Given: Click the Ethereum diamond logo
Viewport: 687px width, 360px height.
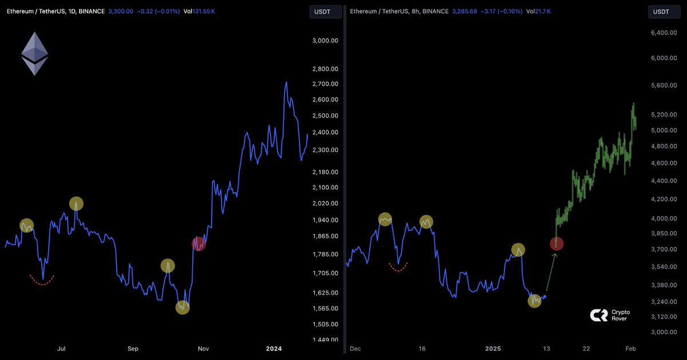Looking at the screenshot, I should coord(35,53).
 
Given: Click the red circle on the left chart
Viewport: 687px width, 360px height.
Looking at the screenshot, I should coord(198,243).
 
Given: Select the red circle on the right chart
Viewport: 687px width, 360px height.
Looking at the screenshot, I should coord(556,243).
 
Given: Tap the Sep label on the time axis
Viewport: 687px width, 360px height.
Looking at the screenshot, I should coord(133,348).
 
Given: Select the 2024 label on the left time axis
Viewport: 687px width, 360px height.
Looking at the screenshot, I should coord(274,348).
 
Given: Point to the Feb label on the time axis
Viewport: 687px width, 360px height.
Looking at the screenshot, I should coord(630,348).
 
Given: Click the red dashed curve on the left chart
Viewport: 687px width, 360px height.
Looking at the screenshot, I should coord(42,280).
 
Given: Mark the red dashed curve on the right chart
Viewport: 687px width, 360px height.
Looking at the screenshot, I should coord(398,267).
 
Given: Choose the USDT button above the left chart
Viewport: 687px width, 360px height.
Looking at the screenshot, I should coord(325,11).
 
